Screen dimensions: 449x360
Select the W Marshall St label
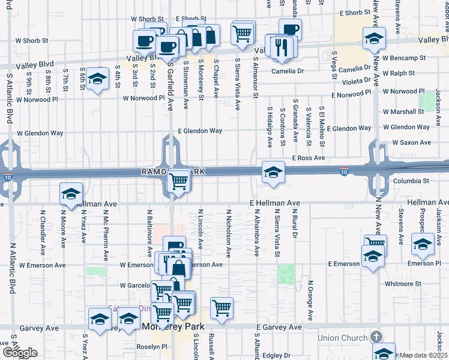[403, 112]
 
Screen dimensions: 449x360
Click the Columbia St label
[411, 180]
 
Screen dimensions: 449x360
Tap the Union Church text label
[342, 338]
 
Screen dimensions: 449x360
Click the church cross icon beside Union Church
[376, 337]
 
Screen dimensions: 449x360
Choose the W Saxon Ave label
[411, 143]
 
